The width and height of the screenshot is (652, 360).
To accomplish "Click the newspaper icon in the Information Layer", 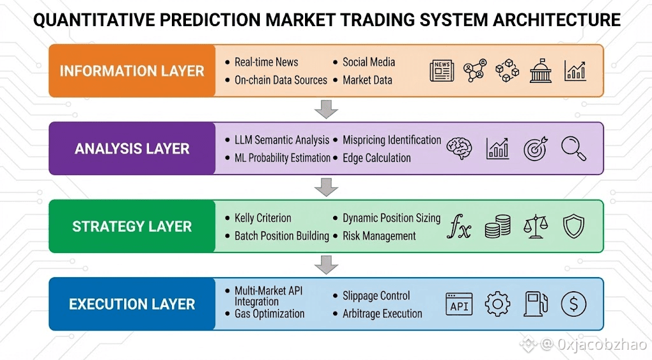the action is click(x=442, y=70).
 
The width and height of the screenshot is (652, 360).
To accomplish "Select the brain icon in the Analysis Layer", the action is click(x=459, y=148).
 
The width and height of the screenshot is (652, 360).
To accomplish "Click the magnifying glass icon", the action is click(x=574, y=148).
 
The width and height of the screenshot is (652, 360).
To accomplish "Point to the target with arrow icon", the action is click(x=535, y=148).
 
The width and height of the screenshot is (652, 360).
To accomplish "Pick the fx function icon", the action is click(x=459, y=226).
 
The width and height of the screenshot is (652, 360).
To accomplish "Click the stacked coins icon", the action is click(x=498, y=226).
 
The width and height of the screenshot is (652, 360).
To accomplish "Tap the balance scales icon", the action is click(x=535, y=226).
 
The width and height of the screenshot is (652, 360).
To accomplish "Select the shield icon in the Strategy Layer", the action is click(x=574, y=226).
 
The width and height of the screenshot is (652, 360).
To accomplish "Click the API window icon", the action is click(x=459, y=304).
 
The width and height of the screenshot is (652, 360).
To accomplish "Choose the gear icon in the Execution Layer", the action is click(x=498, y=304).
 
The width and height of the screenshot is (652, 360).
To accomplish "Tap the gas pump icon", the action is click(x=535, y=304).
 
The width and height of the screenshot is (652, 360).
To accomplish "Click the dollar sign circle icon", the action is click(x=574, y=304).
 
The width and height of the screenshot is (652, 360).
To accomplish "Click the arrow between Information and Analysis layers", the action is click(x=326, y=109).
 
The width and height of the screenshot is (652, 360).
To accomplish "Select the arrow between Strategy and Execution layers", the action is click(x=326, y=264).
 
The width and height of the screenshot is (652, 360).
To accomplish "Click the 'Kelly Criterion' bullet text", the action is click(x=263, y=218).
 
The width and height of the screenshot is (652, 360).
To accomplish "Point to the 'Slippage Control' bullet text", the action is click(x=376, y=296).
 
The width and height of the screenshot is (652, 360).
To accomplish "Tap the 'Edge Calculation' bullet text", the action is click(x=377, y=158).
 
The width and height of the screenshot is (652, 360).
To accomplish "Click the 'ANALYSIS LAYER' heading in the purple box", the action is click(x=132, y=148).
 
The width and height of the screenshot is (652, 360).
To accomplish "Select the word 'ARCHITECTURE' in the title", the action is click(x=556, y=20).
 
